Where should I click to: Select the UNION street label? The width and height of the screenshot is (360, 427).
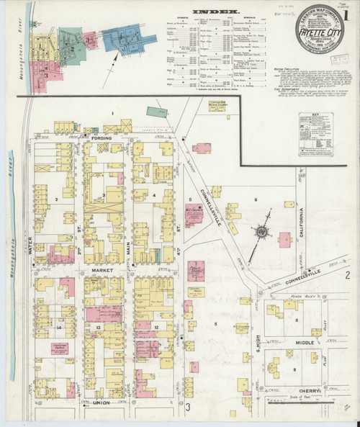tap(102, 403)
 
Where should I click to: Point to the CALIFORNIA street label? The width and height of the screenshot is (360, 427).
tap(302, 223)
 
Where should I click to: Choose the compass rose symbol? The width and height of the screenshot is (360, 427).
tap(264, 233)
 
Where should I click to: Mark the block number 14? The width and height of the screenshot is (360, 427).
tap(60, 326)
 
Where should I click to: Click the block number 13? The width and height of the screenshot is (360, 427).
tap(96, 326)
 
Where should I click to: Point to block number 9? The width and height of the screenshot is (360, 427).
tap(295, 369)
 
